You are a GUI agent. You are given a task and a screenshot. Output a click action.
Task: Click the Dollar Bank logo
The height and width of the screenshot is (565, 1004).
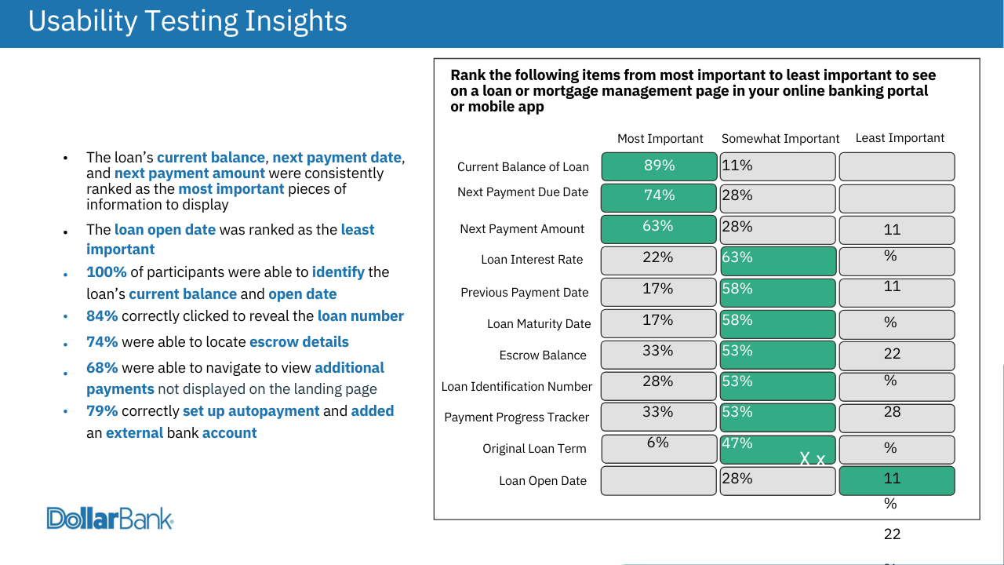tap(110, 518)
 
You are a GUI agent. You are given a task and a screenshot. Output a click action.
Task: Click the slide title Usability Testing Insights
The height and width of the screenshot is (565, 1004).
tap(187, 22)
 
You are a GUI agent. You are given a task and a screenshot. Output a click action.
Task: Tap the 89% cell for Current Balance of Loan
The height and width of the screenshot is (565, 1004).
tap(659, 166)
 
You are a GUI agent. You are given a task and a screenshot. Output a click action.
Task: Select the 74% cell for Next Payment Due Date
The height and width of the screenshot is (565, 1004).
tap(659, 197)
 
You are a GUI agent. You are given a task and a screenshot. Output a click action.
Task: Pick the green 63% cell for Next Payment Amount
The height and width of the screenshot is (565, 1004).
tap(659, 228)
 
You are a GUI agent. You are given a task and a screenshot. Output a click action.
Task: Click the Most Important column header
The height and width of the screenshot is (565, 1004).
tap(660, 139)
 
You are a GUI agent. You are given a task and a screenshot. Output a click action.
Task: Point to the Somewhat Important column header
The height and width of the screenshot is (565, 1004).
tap(780, 139)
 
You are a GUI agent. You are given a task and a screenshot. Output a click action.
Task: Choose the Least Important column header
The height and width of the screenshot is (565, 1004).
tap(900, 138)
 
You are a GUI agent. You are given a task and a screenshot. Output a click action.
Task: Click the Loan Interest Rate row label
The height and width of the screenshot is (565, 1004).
tap(532, 260)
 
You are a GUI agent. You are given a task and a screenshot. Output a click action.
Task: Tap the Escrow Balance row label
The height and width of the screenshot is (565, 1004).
tap(543, 355)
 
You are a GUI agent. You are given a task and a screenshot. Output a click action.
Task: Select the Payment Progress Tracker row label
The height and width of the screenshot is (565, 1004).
tap(517, 417)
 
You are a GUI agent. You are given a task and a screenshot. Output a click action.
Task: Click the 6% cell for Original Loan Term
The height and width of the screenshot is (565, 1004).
tap(659, 448)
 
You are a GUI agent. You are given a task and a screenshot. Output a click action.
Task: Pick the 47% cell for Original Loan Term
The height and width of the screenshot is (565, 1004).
tap(777, 449)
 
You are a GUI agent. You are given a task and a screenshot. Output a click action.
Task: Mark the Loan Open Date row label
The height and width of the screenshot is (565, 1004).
tap(543, 481)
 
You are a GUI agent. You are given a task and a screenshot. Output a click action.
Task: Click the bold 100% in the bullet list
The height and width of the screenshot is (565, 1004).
tap(107, 272)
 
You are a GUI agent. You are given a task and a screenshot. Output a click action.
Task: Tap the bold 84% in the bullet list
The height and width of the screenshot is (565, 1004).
tap(102, 316)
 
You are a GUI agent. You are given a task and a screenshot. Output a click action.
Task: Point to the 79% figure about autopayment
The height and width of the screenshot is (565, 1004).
tap(102, 411)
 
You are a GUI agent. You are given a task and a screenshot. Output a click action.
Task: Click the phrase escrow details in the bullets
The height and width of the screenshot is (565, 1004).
tap(299, 342)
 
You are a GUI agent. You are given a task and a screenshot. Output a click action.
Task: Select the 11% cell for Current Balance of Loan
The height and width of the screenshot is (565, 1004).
tap(777, 166)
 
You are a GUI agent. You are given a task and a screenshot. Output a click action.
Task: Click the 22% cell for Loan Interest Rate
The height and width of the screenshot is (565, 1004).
tap(659, 261)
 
